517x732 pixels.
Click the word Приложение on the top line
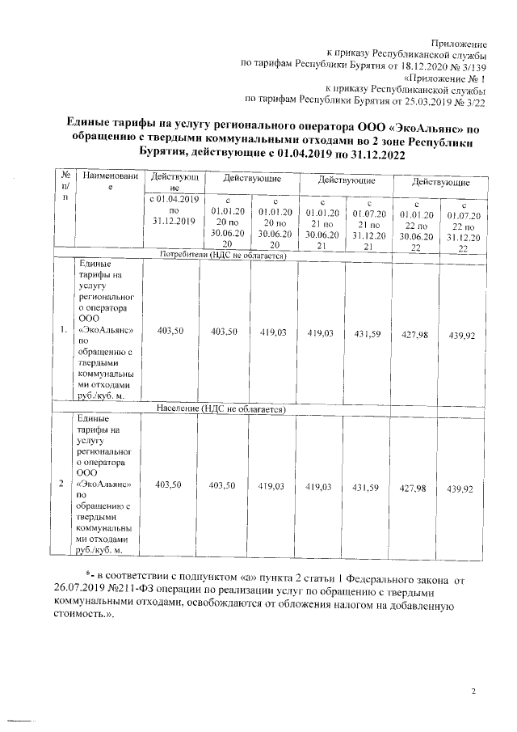459,42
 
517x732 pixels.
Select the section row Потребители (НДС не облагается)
224,255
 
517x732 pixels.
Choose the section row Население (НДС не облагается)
222,410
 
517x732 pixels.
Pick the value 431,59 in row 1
367,332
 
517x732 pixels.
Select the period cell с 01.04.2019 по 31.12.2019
174,209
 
